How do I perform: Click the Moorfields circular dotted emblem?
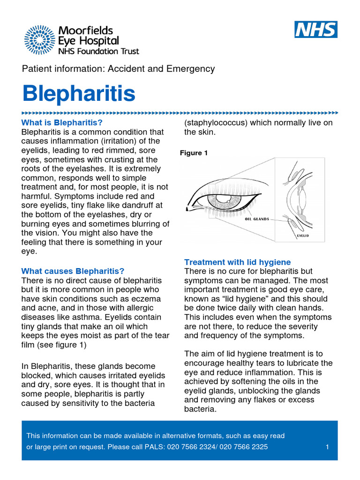[x=39, y=40]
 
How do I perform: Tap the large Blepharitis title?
[x=79, y=94]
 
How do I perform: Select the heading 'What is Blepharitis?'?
[x=62, y=123]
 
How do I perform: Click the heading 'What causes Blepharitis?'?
[x=73, y=271]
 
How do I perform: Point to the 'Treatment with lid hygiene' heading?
[x=238, y=262]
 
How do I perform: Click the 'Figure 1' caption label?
[x=194, y=153]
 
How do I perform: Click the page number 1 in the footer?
[x=327, y=447]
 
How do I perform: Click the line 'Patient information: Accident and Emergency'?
[x=119, y=69]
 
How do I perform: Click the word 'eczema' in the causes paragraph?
[x=145, y=299]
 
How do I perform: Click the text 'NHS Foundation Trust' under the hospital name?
[x=98, y=51]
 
